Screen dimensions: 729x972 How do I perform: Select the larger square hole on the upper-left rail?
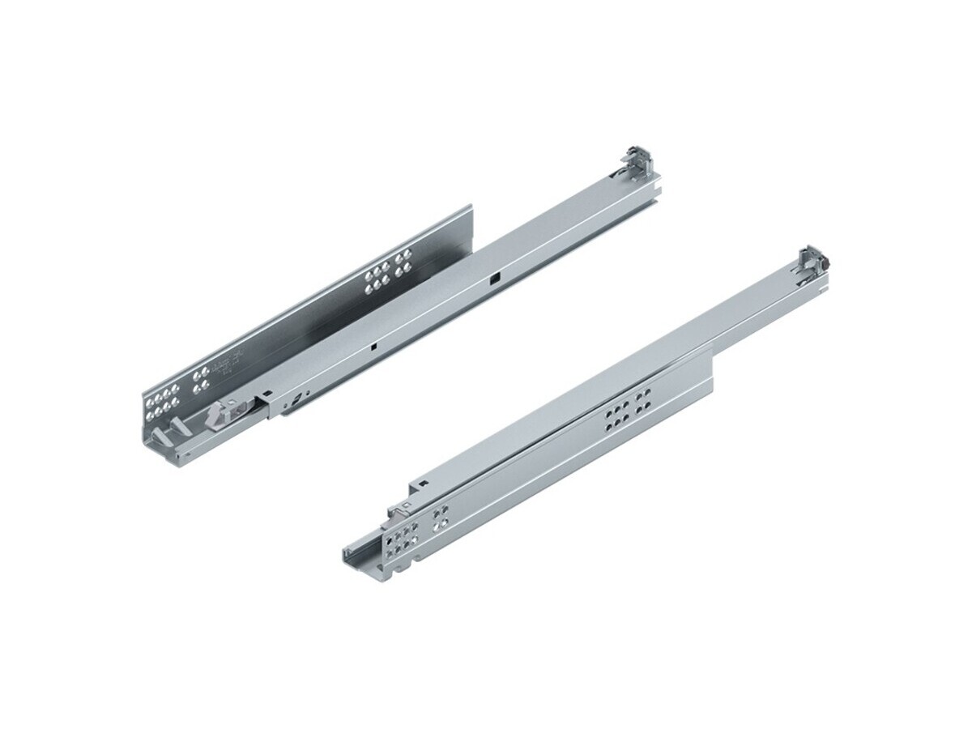(492, 280)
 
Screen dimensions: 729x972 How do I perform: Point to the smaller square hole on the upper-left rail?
(374, 346)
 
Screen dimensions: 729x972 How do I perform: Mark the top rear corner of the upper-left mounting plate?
(469, 206)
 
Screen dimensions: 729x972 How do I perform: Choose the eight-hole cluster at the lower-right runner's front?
(400, 535)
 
